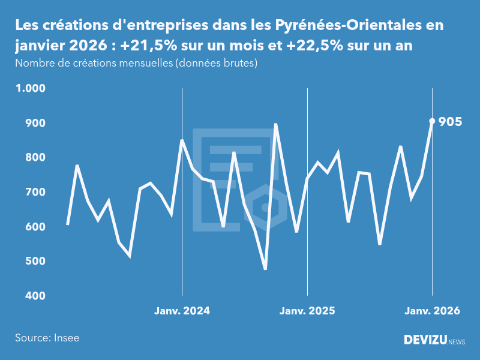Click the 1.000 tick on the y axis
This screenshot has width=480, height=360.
(31, 88)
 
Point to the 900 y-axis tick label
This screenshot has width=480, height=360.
(35, 123)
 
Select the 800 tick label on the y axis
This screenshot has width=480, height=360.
(35, 157)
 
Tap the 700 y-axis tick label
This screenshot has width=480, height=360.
(35, 192)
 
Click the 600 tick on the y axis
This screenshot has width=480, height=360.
(35, 227)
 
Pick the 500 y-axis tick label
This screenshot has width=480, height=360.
(35, 262)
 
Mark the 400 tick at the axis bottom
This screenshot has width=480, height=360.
(35, 296)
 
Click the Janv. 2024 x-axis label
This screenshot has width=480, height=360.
(182, 311)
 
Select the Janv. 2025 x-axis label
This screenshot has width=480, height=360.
(307, 311)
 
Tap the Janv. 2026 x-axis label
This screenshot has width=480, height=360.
(432, 311)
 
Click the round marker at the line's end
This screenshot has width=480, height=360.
(432, 121)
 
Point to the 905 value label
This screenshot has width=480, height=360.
(450, 122)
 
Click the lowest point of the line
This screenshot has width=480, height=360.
(265, 269)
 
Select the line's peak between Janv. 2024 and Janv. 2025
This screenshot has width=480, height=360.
(275, 124)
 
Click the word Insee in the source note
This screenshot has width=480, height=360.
(65, 338)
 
